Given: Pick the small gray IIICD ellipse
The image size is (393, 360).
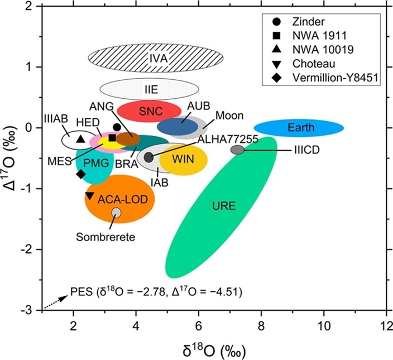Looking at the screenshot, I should [x=237, y=150].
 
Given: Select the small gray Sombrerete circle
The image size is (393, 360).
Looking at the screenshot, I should [x=116, y=212].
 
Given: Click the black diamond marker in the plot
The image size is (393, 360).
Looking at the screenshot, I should [x=80, y=174].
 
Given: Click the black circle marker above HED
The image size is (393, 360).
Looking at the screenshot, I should [x=117, y=127].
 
